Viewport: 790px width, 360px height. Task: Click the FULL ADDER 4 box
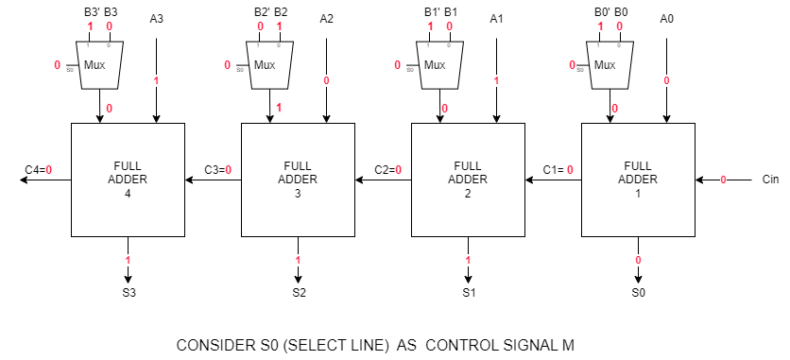pos(128,180)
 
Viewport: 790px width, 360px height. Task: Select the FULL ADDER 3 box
pos(298,180)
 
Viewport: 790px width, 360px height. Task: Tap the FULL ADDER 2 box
pos(468,180)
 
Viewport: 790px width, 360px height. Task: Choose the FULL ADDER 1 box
pos(638,180)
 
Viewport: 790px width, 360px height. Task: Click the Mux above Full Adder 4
pos(99,65)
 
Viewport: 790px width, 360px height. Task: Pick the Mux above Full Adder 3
pos(269,65)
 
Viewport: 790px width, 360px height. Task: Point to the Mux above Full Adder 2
pos(439,65)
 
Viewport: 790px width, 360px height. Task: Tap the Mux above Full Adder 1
pos(610,65)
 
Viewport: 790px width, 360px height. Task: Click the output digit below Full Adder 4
pos(128,260)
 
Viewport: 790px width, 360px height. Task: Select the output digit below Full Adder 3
pos(298,260)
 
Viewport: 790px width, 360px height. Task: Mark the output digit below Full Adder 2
pos(468,260)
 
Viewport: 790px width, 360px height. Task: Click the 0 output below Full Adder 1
pos(638,260)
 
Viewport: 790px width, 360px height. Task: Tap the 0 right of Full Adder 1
pos(723,180)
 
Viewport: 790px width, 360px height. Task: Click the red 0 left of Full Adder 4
pos(48,170)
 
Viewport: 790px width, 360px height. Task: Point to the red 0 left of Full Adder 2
pos(398,170)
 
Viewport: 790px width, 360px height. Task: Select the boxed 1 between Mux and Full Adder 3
pos(279,108)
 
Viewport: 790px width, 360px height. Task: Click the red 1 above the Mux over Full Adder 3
pos(279,26)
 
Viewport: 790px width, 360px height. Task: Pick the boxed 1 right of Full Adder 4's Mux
pos(156,81)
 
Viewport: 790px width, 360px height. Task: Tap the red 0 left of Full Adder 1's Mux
pos(572,65)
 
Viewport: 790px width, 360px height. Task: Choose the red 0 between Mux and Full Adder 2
pos(444,108)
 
